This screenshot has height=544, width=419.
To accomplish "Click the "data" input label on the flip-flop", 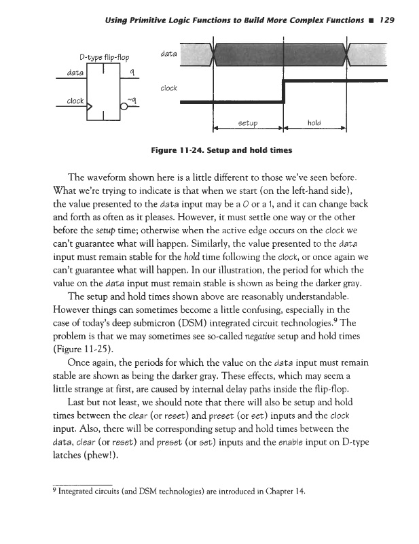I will (69, 71).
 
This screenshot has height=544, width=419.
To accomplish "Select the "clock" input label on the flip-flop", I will (74, 101).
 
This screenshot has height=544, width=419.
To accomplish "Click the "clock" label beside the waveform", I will (169, 88).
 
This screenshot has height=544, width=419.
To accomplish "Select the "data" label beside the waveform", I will (169, 52).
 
